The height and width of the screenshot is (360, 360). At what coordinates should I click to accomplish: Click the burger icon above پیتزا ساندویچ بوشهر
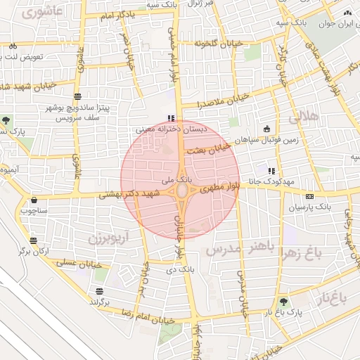(x=77, y=96)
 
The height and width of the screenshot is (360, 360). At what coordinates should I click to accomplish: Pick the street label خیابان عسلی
(x=79, y=264)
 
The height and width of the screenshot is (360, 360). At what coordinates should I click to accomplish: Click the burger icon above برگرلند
(x=99, y=290)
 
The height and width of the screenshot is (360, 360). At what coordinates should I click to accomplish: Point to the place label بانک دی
(x=183, y=269)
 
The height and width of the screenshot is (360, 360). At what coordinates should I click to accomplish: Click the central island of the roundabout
(x=181, y=191)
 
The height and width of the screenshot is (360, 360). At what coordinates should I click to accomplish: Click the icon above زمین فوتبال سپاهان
(x=266, y=129)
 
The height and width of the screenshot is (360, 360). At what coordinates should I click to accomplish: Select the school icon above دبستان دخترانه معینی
(x=169, y=118)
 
